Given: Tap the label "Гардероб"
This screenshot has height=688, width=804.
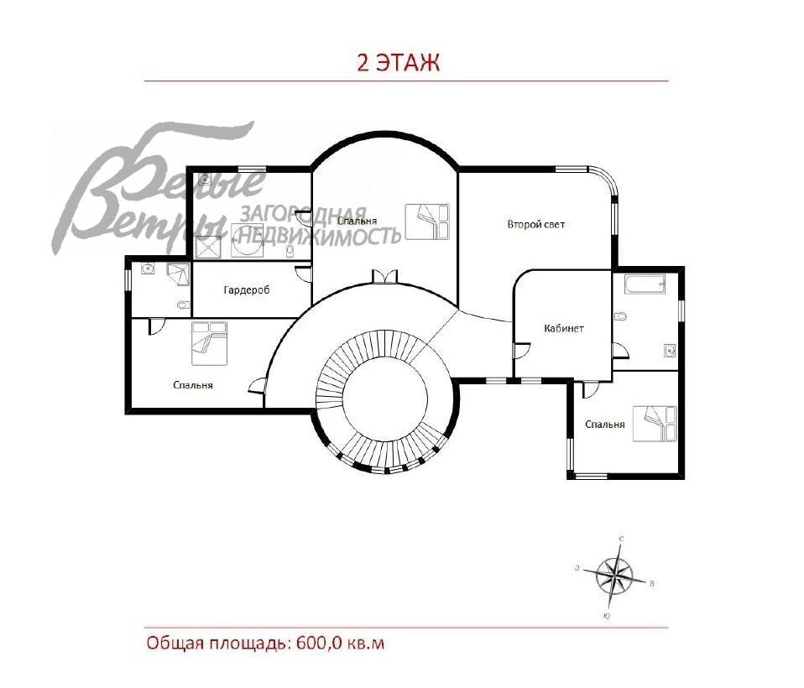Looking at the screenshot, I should click(x=246, y=290).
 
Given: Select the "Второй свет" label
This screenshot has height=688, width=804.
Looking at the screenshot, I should click(x=535, y=224).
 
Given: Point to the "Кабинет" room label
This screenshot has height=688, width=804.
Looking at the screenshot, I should click(x=563, y=328).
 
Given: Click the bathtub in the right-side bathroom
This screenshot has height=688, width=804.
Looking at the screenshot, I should click(x=644, y=286).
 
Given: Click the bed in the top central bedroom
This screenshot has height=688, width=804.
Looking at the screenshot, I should click(x=427, y=222).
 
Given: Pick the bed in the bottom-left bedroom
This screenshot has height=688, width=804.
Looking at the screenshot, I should click(x=209, y=343).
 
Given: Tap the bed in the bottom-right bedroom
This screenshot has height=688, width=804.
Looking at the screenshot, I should click(x=654, y=423).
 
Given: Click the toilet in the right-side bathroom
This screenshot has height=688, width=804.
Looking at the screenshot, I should click(x=620, y=318).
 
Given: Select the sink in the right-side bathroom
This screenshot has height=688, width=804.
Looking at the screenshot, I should click(x=668, y=349).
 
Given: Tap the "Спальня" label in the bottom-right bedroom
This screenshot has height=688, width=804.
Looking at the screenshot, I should click(x=604, y=425).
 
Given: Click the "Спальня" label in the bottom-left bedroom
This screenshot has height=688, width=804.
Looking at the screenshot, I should click(x=192, y=385).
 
